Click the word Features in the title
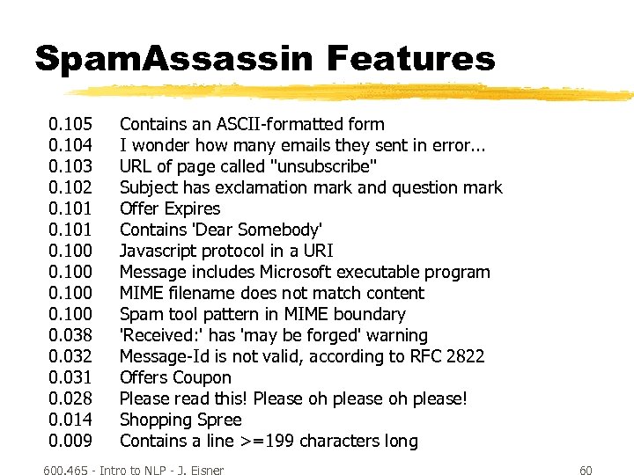coord(411,59)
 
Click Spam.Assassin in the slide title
coord(173,59)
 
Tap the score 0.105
coord(71,124)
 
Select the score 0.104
coord(71,145)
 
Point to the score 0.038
coord(71,335)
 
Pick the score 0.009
coord(71,441)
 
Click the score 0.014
coord(71,420)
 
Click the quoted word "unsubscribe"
coord(324,166)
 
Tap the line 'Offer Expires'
coord(170,208)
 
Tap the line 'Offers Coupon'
coord(175,377)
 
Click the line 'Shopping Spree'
coord(181,420)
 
